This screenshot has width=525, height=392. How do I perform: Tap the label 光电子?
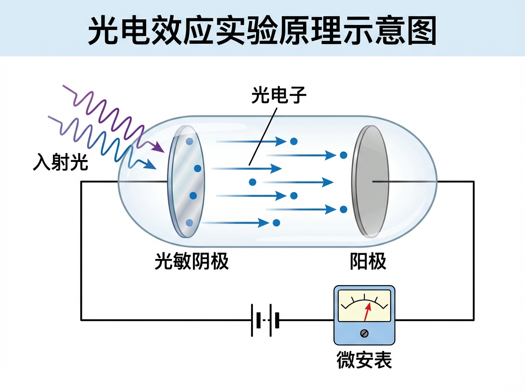click(279, 94)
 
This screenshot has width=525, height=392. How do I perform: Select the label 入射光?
click(60, 163)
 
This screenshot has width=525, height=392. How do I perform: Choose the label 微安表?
click(364, 361)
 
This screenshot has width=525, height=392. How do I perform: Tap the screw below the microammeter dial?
click(364, 333)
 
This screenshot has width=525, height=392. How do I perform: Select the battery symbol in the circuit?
click(265, 320)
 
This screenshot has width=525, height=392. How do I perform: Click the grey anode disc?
click(370, 180)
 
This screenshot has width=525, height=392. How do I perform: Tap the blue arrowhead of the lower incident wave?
click(150, 166)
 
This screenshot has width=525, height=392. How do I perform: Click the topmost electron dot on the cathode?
click(189, 141)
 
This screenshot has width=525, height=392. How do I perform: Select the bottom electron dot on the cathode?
click(189, 223)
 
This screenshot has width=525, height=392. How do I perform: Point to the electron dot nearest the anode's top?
click(343, 155)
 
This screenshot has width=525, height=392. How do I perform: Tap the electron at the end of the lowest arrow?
click(276, 223)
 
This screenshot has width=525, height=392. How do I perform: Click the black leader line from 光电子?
click(263, 135)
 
